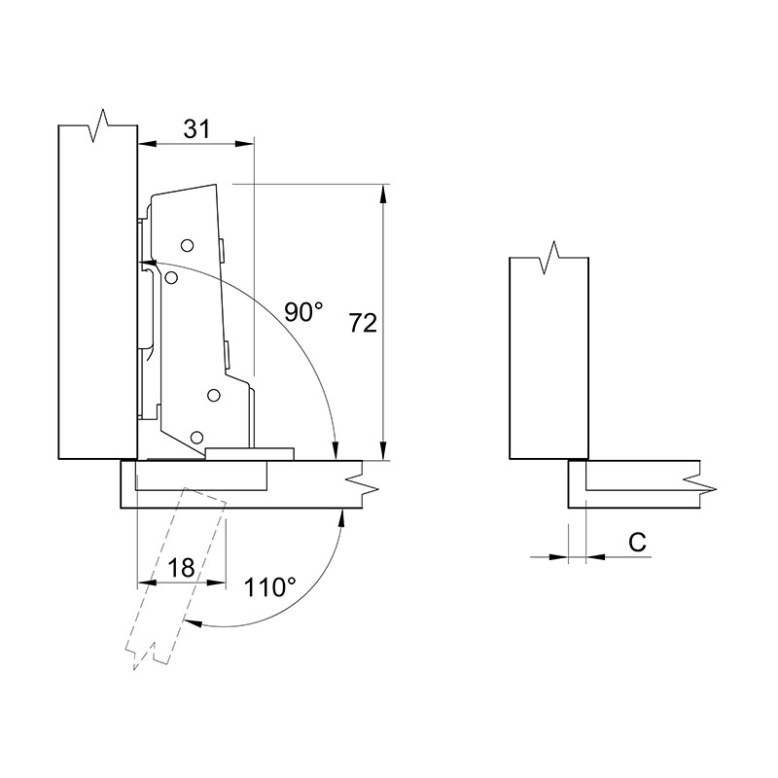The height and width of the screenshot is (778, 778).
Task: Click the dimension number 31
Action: pyautogui.click(x=197, y=129)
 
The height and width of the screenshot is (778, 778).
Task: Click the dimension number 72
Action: pyautogui.click(x=363, y=323)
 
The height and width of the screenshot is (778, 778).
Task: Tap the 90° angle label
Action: pyautogui.click(x=303, y=312)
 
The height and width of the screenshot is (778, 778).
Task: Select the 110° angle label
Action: pyautogui.click(x=269, y=587)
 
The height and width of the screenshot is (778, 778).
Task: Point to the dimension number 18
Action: pyautogui.click(x=181, y=568)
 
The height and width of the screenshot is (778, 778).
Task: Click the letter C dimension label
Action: pyautogui.click(x=638, y=543)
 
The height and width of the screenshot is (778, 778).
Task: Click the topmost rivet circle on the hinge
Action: pyautogui.click(x=187, y=245)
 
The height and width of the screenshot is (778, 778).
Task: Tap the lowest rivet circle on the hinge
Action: pyautogui.click(x=197, y=437)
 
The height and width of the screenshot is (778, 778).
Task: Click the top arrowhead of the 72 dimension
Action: pyautogui.click(x=382, y=193)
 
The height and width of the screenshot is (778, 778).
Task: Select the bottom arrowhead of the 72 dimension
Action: pyautogui.click(x=382, y=451)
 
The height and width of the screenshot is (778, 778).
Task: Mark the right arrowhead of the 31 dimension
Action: pyautogui.click(x=244, y=144)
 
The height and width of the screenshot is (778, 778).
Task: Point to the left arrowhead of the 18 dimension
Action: pyautogui.click(x=147, y=583)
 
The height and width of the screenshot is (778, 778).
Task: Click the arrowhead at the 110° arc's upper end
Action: pyautogui.click(x=341, y=518)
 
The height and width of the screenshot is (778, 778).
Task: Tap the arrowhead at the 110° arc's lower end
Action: pyautogui.click(x=194, y=622)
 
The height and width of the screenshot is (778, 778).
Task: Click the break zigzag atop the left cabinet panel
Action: pyautogui.click(x=98, y=125)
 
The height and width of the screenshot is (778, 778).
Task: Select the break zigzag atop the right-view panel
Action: pyautogui.click(x=549, y=258)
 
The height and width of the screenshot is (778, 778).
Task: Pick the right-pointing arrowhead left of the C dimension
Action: pyautogui.click(x=558, y=557)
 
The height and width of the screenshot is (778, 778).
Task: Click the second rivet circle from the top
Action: pyautogui.click(x=172, y=278)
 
